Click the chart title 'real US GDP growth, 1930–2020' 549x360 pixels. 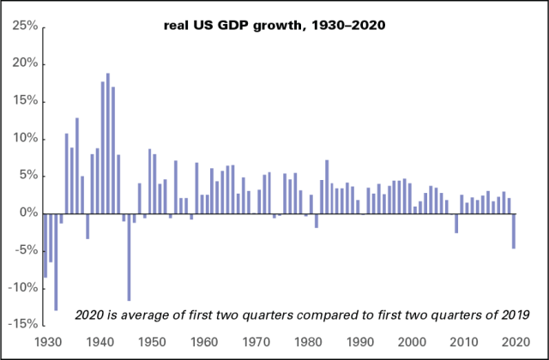275,25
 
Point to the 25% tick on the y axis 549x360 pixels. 22,27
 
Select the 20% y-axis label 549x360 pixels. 22,63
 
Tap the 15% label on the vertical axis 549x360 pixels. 22,101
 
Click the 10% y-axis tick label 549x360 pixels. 22,138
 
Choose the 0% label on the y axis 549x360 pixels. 26,213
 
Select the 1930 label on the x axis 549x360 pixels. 45,342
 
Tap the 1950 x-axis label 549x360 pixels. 151,342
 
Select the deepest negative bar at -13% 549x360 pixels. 56,261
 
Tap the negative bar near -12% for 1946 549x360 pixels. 130,256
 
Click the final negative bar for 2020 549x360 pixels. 514,231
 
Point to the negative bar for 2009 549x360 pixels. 455,223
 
